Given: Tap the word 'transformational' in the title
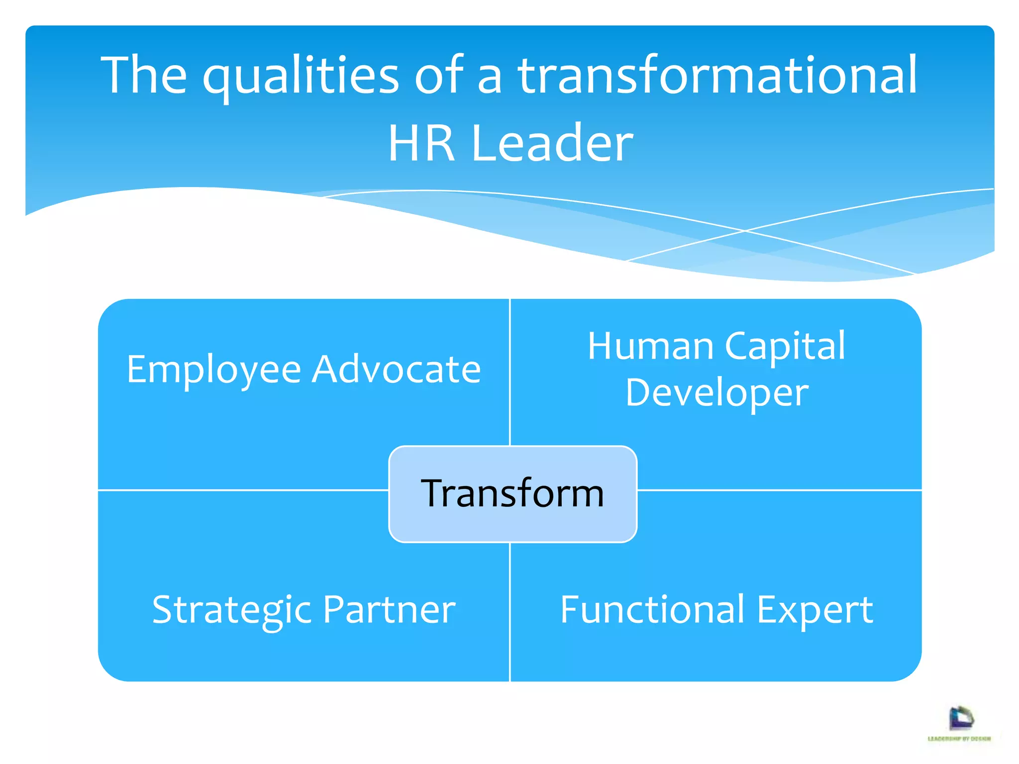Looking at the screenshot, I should (717, 75).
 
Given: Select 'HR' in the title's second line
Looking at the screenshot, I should (421, 143).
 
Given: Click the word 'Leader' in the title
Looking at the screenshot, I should (552, 143).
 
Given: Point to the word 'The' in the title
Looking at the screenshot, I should (144, 75).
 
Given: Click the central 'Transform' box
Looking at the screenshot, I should (512, 493).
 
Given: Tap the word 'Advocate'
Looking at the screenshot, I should (396, 369).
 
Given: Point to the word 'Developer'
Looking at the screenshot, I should (716, 393).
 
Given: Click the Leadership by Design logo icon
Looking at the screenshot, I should (961, 718).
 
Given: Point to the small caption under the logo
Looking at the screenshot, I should (959, 739).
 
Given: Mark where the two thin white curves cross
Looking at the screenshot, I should (745, 231).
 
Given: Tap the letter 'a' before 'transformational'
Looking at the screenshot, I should (490, 79).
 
